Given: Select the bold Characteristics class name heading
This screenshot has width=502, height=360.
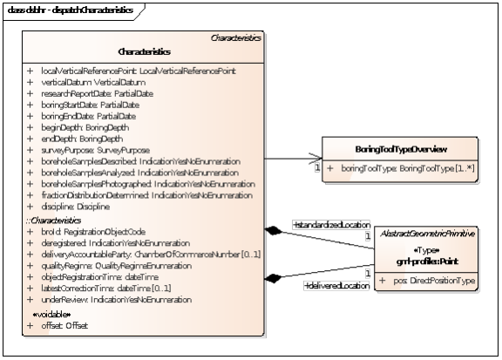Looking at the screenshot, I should [x=144, y=51].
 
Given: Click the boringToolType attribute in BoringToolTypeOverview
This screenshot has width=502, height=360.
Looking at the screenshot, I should [x=406, y=166].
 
